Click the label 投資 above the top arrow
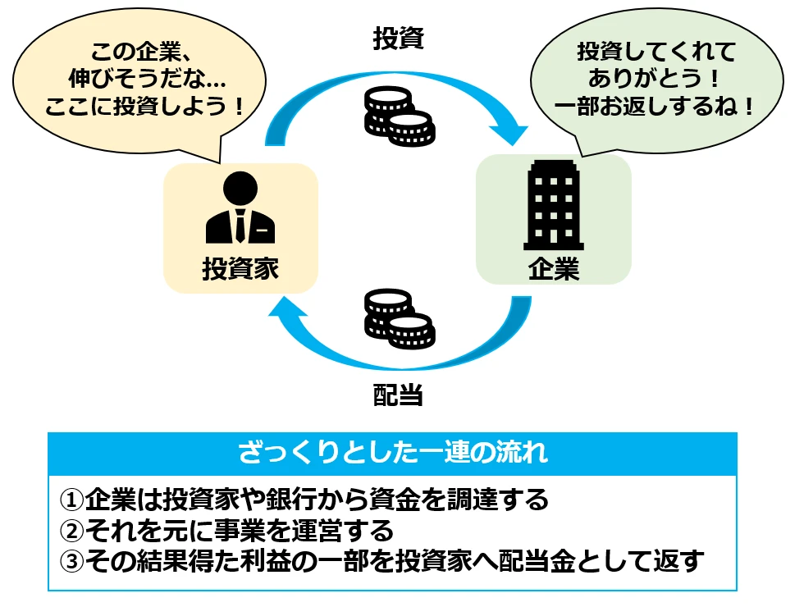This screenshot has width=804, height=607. tap(398, 39)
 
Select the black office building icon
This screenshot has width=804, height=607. tap(554, 205)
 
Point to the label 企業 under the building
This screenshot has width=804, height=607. tap(554, 269)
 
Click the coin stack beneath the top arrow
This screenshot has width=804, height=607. tap(398, 114)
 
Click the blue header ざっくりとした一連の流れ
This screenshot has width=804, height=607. tap(392, 452)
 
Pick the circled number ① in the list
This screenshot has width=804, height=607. tap(73, 500)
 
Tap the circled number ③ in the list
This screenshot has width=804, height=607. tap(73, 562)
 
